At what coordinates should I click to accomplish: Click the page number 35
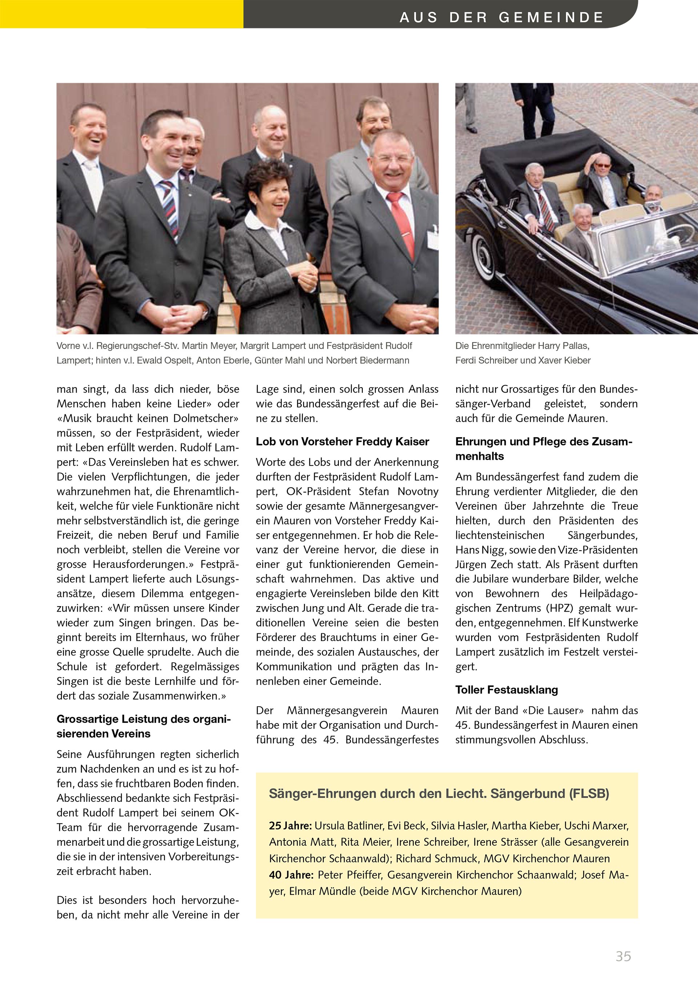coord(623,956)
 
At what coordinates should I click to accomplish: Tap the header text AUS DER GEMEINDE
coord(502,17)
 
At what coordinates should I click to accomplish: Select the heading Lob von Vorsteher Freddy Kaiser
coord(342,442)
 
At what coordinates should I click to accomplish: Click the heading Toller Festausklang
coord(506,690)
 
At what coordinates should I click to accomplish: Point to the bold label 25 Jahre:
coord(290,825)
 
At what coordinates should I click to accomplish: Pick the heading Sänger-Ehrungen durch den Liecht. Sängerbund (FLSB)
coord(439,793)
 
